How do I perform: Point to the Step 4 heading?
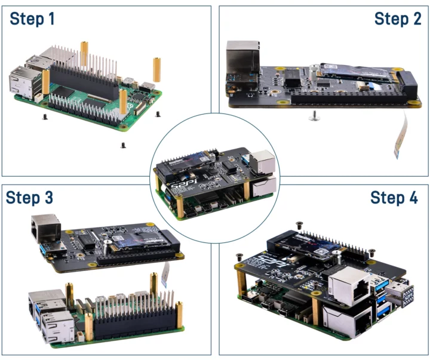394,198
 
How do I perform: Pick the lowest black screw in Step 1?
123,144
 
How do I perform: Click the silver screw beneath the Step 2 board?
313,118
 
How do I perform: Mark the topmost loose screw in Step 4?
299,224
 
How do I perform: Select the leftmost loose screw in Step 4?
239,256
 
